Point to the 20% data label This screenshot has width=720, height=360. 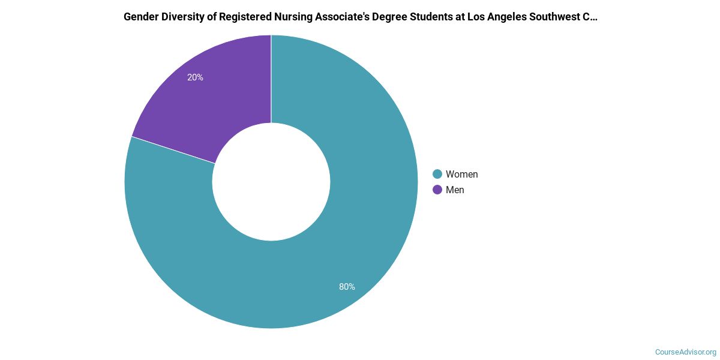(x=195, y=77)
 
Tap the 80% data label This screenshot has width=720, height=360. (x=347, y=287)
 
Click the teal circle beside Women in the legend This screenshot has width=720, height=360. (x=437, y=174)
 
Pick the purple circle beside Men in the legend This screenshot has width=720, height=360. (x=437, y=190)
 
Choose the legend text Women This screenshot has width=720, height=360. (x=461, y=174)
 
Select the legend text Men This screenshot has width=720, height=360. (x=455, y=190)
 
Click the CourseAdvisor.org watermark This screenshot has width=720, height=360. (x=685, y=352)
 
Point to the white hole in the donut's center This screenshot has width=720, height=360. (x=271, y=182)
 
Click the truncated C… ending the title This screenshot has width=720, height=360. (x=590, y=17)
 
